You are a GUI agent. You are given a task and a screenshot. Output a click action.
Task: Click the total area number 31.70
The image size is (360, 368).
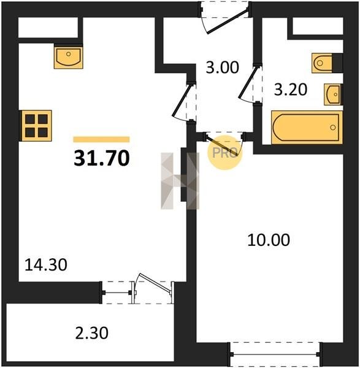click(x=102, y=158)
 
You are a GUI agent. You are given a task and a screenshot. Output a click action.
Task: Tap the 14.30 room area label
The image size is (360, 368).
click(x=46, y=265)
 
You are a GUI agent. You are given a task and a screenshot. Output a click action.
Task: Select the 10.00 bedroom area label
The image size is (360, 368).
click(x=269, y=240)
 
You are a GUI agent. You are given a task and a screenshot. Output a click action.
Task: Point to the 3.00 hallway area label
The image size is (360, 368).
click(x=222, y=67)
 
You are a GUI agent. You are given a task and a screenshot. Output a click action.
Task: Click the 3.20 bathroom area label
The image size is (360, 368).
click(x=291, y=90)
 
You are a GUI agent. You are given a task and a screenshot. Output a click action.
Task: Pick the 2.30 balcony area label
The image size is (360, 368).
click(x=92, y=333)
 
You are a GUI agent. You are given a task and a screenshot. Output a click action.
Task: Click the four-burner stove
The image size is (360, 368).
click(x=36, y=126)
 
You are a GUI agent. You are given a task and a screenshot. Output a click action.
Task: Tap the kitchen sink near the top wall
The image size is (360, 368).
click(x=68, y=57)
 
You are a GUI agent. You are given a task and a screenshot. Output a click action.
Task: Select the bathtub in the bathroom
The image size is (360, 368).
click(x=307, y=128)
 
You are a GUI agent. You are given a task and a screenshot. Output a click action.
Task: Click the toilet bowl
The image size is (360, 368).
click(x=321, y=63)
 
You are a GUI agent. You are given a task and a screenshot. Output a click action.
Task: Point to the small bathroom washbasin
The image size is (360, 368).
click(x=332, y=94)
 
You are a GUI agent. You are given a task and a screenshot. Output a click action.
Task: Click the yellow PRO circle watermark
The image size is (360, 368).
click(x=224, y=153)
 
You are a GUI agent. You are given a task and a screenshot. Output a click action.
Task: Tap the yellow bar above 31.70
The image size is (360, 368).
click(x=101, y=139)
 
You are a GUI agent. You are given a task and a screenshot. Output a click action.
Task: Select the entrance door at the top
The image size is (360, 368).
click(x=227, y=21)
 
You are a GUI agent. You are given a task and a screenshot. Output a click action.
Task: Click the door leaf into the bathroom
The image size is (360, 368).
click(x=247, y=82)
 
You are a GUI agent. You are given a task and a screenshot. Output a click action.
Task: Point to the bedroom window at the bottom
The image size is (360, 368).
click(x=274, y=354)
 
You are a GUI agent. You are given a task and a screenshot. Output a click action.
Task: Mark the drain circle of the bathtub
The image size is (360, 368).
click(x=332, y=128)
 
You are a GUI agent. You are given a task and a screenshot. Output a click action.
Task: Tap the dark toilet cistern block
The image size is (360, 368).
click(x=337, y=63)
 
